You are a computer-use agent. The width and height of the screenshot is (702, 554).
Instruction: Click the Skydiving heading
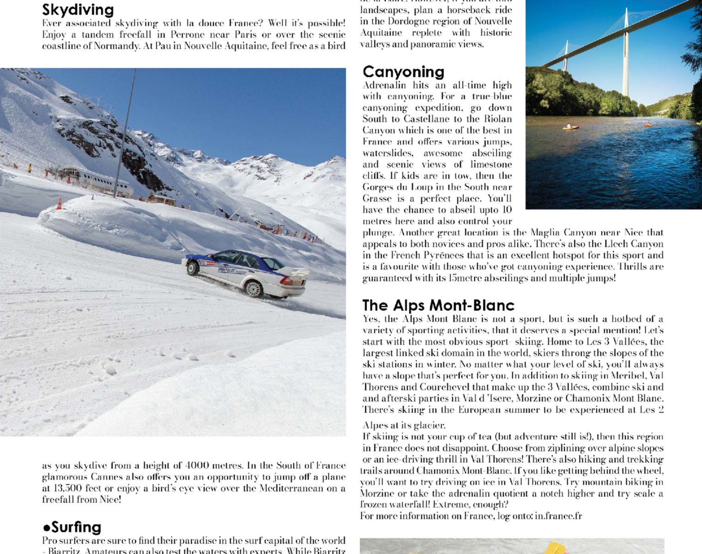78,10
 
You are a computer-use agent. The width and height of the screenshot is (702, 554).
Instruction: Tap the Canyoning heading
403,72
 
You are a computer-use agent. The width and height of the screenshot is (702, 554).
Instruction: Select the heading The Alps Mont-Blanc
438,305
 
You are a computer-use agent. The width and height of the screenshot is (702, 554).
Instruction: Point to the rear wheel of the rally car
254,289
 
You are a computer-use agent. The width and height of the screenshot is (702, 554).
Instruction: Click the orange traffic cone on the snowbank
59,204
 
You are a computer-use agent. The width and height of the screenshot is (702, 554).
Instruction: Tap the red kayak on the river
648,124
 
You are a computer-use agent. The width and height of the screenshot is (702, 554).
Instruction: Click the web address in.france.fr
558,516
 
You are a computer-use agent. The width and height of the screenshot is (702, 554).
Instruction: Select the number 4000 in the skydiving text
197,465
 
